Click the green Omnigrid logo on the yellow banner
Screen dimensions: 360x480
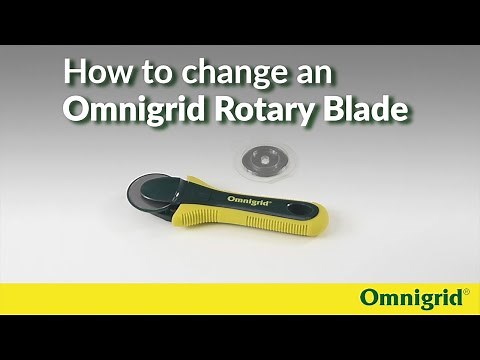[x=411, y=298]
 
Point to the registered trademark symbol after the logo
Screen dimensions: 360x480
[x=466, y=291]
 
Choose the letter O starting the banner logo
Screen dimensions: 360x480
[x=369, y=298]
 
